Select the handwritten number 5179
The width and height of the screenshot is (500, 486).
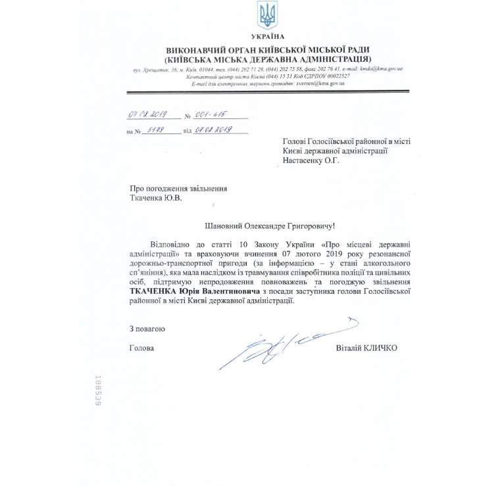157,130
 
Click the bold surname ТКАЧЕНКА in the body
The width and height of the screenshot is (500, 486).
155,290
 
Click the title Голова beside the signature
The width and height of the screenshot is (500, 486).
141,348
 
